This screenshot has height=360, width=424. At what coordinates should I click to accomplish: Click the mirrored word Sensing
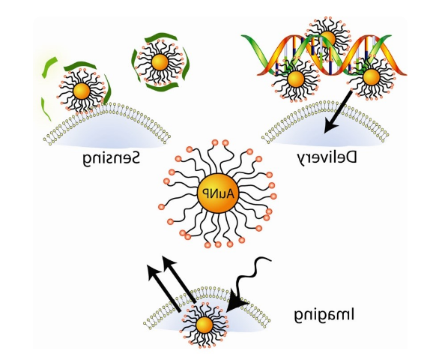click(111, 158)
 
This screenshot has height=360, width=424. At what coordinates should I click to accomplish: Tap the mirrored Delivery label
click(327, 158)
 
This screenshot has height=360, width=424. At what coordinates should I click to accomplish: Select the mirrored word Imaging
click(324, 316)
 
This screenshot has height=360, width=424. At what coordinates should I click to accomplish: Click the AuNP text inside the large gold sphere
click(218, 193)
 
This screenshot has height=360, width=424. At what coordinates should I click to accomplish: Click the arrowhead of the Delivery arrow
click(330, 127)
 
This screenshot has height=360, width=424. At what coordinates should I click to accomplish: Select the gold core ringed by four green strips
click(160, 62)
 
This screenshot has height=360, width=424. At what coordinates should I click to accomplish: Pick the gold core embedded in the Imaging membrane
click(205, 325)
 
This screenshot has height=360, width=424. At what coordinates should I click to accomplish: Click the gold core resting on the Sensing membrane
click(82, 91)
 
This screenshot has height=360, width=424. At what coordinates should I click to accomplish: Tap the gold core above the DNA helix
click(327, 39)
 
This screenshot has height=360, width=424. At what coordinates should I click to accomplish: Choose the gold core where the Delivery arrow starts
click(372, 77)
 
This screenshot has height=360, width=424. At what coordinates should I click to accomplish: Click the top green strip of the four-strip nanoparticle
click(161, 38)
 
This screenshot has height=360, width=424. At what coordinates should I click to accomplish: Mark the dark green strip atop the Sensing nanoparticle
click(80, 66)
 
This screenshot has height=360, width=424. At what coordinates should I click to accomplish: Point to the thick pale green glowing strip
click(49, 67)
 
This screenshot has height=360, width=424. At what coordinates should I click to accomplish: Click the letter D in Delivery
click(351, 157)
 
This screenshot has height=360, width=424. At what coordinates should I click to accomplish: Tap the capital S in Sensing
click(135, 157)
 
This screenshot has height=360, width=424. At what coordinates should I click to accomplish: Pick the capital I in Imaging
click(352, 314)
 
